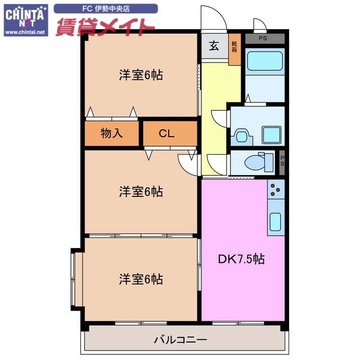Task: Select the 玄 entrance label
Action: pyautogui.click(x=214, y=47)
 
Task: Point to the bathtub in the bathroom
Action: pyautogui.click(x=264, y=61)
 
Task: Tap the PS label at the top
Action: pyautogui.click(x=264, y=38)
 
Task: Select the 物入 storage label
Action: pyautogui.click(x=111, y=133)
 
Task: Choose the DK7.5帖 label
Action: pyautogui.click(x=241, y=259)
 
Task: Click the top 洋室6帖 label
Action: pyautogui.click(x=141, y=75)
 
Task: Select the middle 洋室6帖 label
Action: pyautogui.click(x=141, y=192)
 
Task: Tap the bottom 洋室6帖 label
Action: pyautogui.click(x=141, y=278)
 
